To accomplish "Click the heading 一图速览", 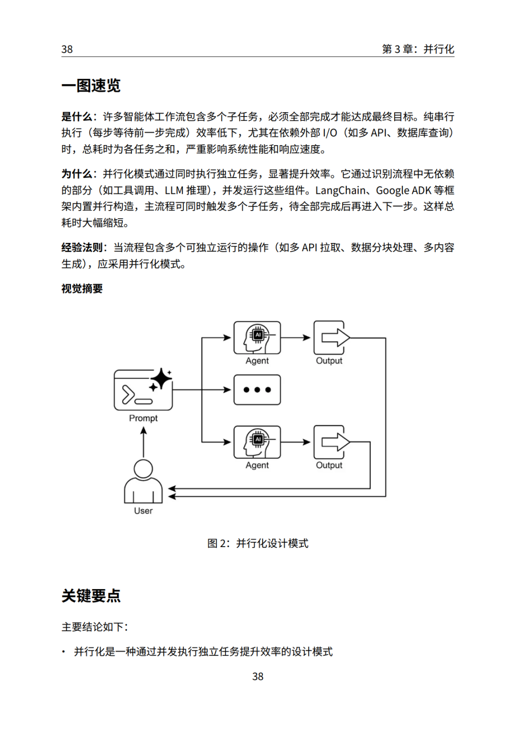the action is click(x=91, y=85).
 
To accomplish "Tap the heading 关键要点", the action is click(x=91, y=596).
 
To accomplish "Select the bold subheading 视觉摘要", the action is click(x=82, y=289).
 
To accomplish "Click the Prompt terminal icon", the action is click(x=143, y=389).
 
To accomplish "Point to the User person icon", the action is click(x=143, y=481).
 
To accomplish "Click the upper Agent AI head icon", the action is click(x=257, y=338).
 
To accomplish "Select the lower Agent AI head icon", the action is click(x=257, y=442).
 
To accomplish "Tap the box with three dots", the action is click(x=257, y=390).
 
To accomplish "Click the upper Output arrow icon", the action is click(x=332, y=338).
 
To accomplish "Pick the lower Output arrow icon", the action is click(x=332, y=442).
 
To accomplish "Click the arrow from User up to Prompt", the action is click(x=143, y=442).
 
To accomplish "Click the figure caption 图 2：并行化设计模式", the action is click(x=258, y=543).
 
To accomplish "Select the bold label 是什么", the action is click(x=77, y=116).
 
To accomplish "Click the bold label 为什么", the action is click(x=77, y=174).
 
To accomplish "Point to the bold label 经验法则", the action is click(x=82, y=247).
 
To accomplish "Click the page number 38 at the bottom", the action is click(x=258, y=676).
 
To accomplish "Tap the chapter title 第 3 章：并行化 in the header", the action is click(x=418, y=49).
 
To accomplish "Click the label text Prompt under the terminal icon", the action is click(x=143, y=418).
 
